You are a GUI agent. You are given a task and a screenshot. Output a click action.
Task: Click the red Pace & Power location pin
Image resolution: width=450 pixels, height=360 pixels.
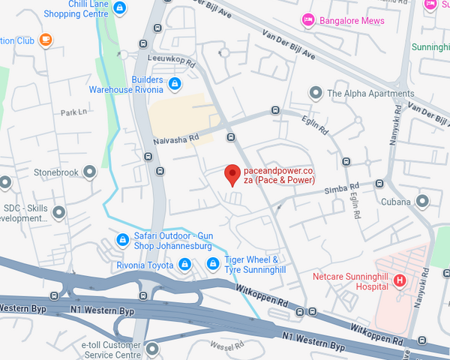click(x=232, y=173)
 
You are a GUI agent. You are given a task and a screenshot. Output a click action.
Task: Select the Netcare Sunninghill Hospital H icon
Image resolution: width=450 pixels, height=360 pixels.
click(x=399, y=280)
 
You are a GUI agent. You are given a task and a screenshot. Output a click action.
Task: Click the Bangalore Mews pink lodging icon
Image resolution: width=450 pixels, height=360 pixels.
click(x=307, y=19)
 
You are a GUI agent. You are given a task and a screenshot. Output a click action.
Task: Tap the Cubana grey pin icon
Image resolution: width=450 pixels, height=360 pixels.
click(x=422, y=201)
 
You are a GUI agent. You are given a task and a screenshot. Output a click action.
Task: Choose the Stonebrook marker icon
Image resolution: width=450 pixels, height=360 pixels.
click(x=91, y=172)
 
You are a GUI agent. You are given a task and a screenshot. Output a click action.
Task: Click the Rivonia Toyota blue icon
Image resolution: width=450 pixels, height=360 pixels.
click(x=184, y=264)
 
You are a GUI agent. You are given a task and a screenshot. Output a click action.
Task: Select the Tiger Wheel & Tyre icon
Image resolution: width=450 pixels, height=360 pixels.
click(x=213, y=264)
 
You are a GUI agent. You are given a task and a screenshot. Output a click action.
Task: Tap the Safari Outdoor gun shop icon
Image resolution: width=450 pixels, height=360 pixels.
click(x=122, y=240)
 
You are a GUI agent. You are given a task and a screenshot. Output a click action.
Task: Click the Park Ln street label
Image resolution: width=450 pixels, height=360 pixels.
click(x=74, y=112)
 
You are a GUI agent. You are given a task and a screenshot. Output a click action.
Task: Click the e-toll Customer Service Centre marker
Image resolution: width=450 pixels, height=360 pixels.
click(x=153, y=348)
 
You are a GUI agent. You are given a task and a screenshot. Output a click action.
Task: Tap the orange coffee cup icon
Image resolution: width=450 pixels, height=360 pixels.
click(x=46, y=39)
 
